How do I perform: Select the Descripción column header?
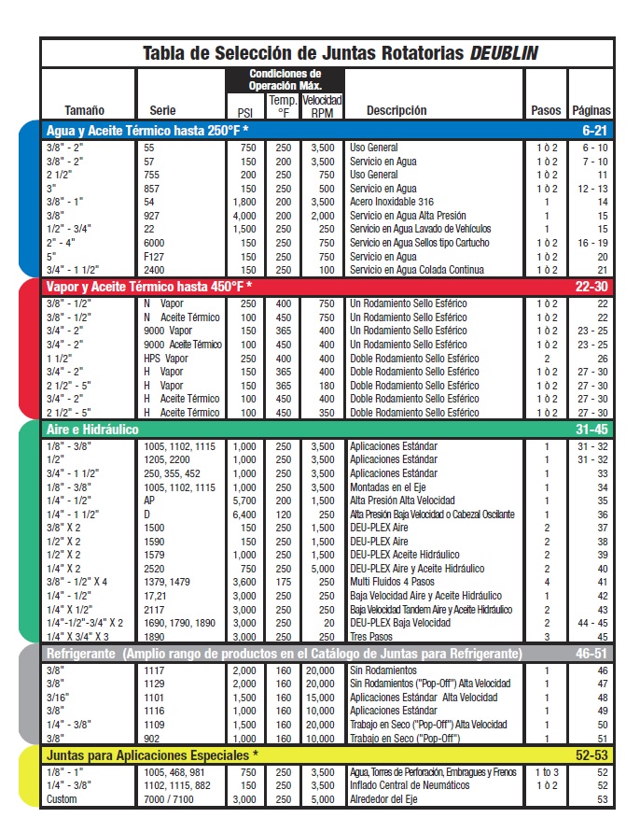(x=397, y=110)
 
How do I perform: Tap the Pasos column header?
(x=546, y=110)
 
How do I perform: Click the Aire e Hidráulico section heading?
(x=92, y=430)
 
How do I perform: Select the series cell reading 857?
(x=149, y=189)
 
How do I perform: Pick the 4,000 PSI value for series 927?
(x=244, y=216)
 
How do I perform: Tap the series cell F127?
(x=152, y=256)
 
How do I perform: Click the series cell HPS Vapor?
(x=166, y=359)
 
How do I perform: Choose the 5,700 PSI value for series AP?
(x=244, y=501)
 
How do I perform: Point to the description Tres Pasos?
(x=371, y=636)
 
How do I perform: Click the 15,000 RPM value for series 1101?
(x=323, y=698)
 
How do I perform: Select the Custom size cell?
(x=62, y=799)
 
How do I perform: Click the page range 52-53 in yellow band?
(x=591, y=754)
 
